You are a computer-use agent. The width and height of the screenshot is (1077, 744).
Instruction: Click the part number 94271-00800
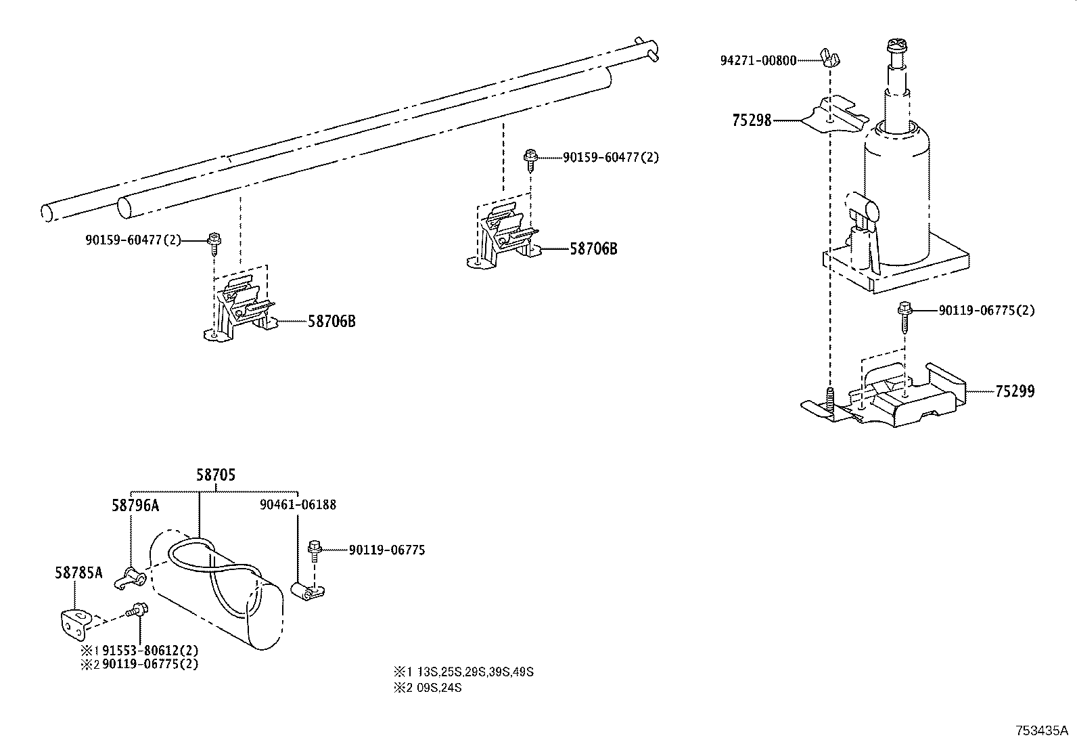[x=758, y=60]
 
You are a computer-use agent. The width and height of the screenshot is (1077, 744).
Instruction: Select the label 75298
[x=751, y=121]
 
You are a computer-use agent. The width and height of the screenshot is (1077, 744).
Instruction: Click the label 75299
[x=1014, y=391]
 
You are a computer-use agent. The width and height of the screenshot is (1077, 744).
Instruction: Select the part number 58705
[x=216, y=475]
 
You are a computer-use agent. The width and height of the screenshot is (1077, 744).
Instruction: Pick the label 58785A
[x=78, y=573]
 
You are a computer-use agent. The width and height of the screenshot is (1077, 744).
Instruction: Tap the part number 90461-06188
[x=298, y=504]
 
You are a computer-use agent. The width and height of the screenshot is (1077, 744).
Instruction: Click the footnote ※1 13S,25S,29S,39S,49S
[x=463, y=672]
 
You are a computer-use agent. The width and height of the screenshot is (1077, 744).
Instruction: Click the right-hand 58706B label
[x=593, y=248]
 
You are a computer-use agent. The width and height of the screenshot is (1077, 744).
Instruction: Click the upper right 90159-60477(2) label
[x=610, y=157]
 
